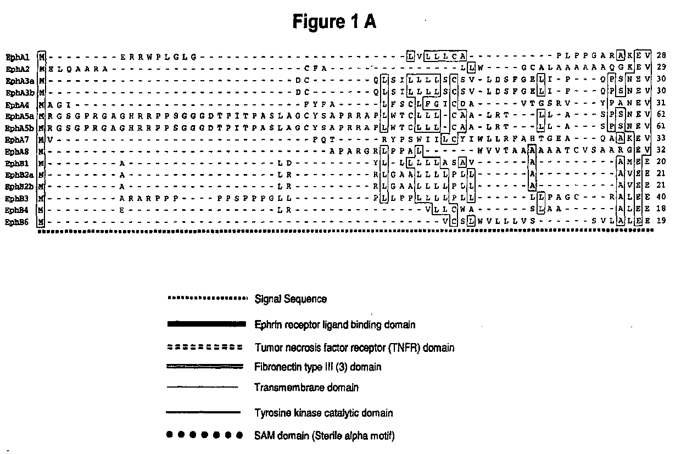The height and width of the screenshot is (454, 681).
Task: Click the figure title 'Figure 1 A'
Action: [x=334, y=22]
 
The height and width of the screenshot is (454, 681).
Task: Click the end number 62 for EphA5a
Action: [x=661, y=116]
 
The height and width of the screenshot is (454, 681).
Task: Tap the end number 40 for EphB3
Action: [x=661, y=198]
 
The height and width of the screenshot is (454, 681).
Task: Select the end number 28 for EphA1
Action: [x=661, y=56]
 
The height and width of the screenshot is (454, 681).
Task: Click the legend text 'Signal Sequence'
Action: [x=291, y=299]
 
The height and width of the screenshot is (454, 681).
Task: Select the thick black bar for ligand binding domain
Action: [x=206, y=324]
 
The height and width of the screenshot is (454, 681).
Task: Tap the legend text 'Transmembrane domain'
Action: [x=306, y=388]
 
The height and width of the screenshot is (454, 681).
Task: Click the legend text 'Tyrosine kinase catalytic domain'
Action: [x=323, y=413]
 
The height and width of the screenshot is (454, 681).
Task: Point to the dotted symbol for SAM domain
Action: [x=204, y=435]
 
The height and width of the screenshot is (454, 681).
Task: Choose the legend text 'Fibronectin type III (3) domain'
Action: [x=317, y=367]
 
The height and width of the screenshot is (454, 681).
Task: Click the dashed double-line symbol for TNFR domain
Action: [x=204, y=347]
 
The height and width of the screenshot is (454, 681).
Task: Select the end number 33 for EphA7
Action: [x=661, y=139]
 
